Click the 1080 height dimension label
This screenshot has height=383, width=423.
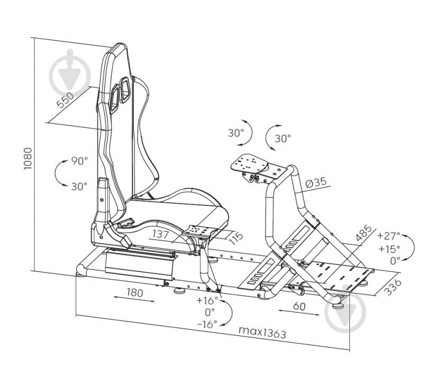(28, 159)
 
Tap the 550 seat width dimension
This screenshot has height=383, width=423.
(65, 100)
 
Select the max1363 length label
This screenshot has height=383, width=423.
(262, 332)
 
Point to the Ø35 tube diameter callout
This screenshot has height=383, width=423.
(316, 183)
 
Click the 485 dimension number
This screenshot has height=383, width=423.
(364, 233)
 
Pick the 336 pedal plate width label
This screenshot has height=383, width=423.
(392, 287)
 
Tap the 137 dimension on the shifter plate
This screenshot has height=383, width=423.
(160, 234)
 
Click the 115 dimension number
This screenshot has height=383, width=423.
(236, 238)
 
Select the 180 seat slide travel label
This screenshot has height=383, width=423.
(134, 293)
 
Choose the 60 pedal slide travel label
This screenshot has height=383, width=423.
(299, 306)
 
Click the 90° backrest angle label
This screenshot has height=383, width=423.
(79, 161)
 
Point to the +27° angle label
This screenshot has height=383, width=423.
(389, 235)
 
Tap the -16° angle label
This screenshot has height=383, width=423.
(207, 324)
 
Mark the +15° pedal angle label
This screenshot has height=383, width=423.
(389, 248)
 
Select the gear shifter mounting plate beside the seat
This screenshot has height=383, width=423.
(200, 232)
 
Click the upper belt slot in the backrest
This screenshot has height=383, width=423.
(124, 90)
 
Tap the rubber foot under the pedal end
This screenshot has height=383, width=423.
(338, 306)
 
